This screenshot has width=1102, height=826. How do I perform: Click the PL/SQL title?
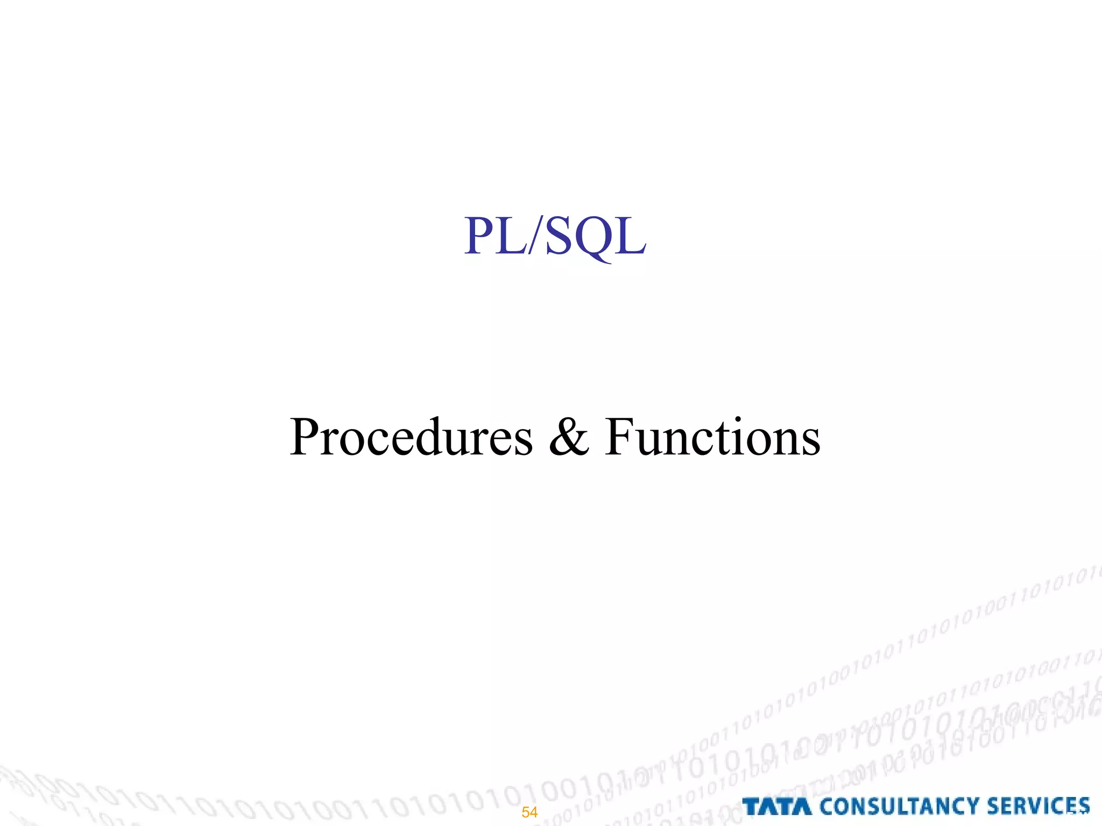click(x=555, y=237)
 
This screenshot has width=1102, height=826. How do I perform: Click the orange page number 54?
click(x=529, y=812)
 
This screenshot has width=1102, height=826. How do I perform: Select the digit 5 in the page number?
click(x=526, y=812)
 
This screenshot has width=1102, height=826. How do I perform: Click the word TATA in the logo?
click(x=777, y=807)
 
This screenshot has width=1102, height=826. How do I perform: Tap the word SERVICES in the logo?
click(x=1038, y=807)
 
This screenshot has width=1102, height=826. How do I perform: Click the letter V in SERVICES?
click(x=1036, y=807)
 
